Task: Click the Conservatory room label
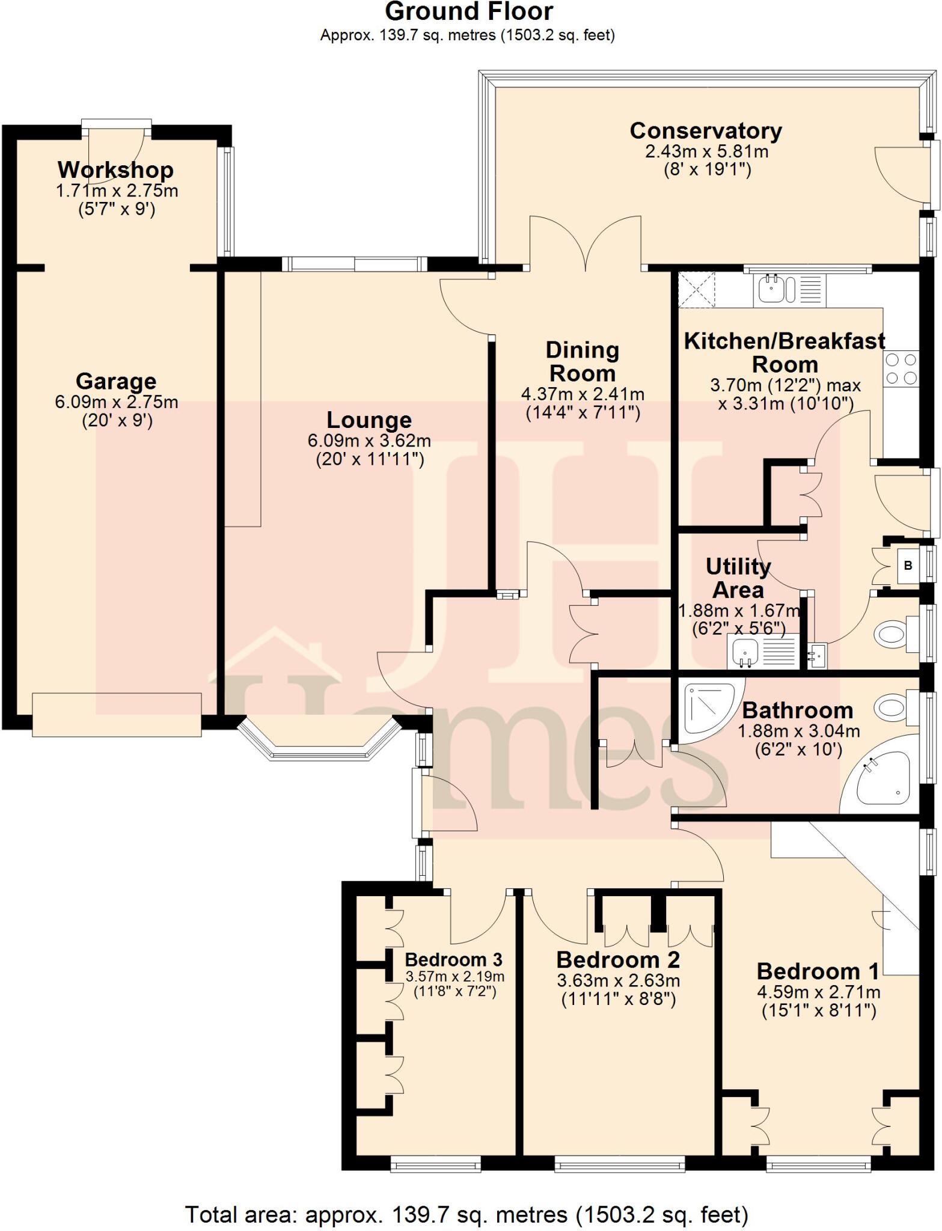coord(706,131)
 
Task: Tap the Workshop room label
coord(115,170)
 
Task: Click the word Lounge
coord(369,420)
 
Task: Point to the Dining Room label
coord(582,361)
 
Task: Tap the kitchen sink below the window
coord(771,289)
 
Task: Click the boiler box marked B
coord(908,566)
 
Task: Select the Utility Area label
coord(738,578)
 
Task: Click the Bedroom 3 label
coord(453,959)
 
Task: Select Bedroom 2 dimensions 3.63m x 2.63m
coord(618,980)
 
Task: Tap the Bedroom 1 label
coord(818,971)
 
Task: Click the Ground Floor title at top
coord(468,12)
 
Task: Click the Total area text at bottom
coord(466,1215)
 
